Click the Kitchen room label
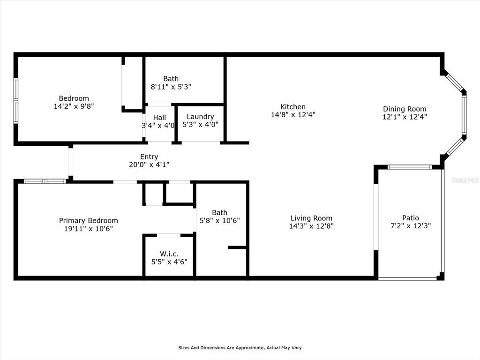click(x=293, y=107)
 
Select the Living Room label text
click(x=311, y=218)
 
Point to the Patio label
click(x=410, y=217)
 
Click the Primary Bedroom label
click(x=88, y=221)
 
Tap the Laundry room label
click(x=200, y=117)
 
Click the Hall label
click(x=159, y=117)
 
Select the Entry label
click(x=149, y=157)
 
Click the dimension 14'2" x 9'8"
click(x=74, y=106)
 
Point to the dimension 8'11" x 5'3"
click(x=171, y=87)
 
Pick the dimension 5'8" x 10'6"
click(x=219, y=220)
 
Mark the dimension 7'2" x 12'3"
click(x=410, y=225)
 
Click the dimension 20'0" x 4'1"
click(x=149, y=165)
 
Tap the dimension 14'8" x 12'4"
click(x=293, y=114)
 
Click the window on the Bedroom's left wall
click(x=15, y=101)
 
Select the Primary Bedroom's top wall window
click(x=45, y=181)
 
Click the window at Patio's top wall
click(x=410, y=167)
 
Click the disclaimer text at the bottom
click(x=240, y=348)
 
